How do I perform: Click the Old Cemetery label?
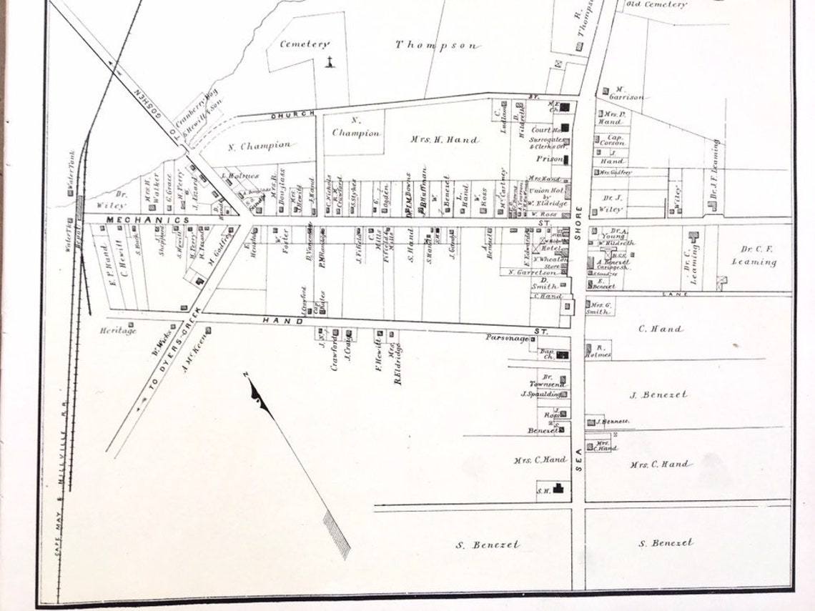click(x=656, y=4)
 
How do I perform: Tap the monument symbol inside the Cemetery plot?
click(x=330, y=63)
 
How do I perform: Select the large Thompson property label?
click(x=437, y=45)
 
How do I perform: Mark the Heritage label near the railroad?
click(x=118, y=330)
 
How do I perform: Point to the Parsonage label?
click(x=506, y=338)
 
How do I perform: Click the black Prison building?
click(x=565, y=159)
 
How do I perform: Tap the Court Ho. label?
click(x=541, y=130)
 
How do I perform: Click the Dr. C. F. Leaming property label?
click(x=754, y=255)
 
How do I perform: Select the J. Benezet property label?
click(x=658, y=394)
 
